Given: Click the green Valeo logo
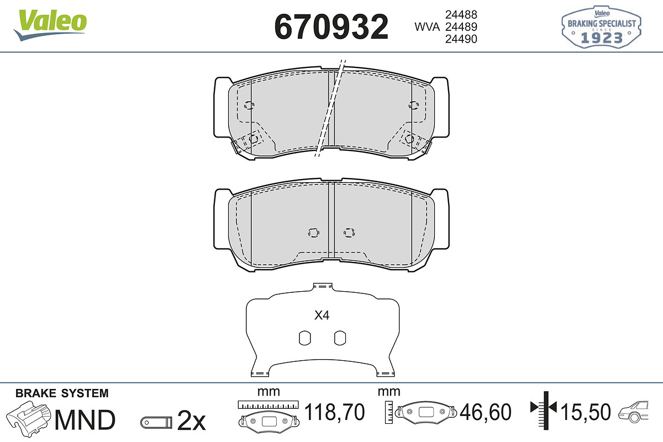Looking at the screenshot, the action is [x=50, y=24].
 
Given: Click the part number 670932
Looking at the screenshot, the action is [x=331, y=27].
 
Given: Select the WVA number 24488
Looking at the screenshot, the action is [x=461, y=14].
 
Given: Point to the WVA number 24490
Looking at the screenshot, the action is [x=461, y=39].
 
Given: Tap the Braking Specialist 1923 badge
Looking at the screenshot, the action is [x=602, y=27].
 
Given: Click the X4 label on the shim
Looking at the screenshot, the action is [x=322, y=315].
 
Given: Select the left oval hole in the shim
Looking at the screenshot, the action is [x=304, y=338].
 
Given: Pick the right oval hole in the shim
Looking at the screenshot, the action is [x=340, y=338].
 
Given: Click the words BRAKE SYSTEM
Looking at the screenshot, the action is [x=62, y=393].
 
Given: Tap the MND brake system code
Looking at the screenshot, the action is [x=85, y=420].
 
